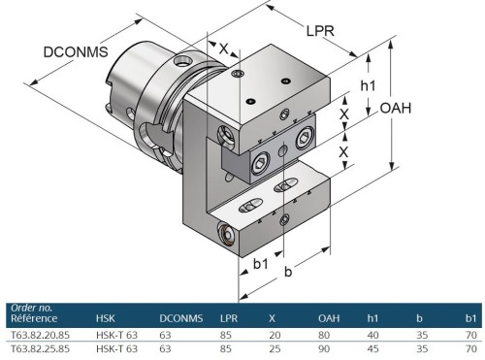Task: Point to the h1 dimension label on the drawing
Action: (368, 86)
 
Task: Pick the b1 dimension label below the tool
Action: (260, 262)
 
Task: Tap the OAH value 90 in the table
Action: (324, 347)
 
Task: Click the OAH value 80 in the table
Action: (324, 333)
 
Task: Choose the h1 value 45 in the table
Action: (372, 347)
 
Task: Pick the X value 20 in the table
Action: (275, 333)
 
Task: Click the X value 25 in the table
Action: (275, 347)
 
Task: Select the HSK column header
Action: (106, 317)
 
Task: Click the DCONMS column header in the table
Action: (179, 317)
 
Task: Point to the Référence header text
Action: (34, 318)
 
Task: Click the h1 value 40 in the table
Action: (372, 333)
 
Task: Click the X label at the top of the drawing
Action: (224, 48)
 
